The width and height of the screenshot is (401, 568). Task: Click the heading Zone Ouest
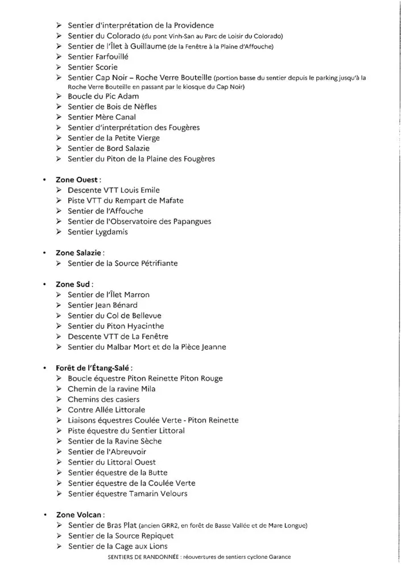[x=77, y=179]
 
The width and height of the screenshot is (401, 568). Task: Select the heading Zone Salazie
[x=80, y=253]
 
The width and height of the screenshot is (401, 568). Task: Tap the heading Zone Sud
[x=75, y=284]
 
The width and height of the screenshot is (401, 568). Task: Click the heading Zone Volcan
[x=80, y=515]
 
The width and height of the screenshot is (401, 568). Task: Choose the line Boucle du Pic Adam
[x=103, y=96]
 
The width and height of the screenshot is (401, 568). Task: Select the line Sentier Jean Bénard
[x=102, y=305]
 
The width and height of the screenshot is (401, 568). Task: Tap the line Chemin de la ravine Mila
[x=111, y=389]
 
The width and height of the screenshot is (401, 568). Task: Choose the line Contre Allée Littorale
[x=106, y=410]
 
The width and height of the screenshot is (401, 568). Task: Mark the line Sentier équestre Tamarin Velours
[x=127, y=494]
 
